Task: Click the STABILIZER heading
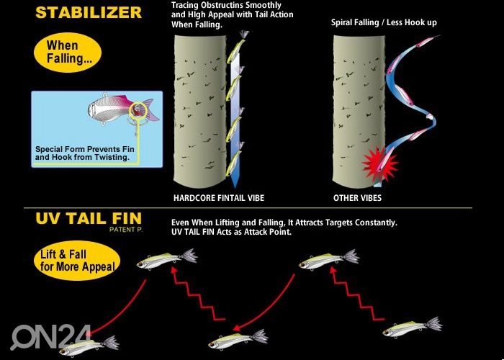pos(89,12)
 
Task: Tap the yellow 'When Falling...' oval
pos(68,52)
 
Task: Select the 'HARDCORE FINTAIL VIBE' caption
pos(219,198)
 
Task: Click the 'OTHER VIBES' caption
pos(357,198)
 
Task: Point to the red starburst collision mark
pos(380,164)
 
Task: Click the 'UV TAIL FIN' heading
pos(89,218)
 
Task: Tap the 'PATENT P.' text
pos(125,230)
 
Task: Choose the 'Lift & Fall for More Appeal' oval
pos(77,261)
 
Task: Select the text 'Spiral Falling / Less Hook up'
pos(384,22)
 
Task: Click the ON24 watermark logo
pos(50,337)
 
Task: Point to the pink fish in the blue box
pos(123,109)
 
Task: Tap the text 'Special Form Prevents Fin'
pos(84,150)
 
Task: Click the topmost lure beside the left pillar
pos(237,48)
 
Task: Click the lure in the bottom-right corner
pos(412,327)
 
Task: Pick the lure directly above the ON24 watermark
pos(89,346)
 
